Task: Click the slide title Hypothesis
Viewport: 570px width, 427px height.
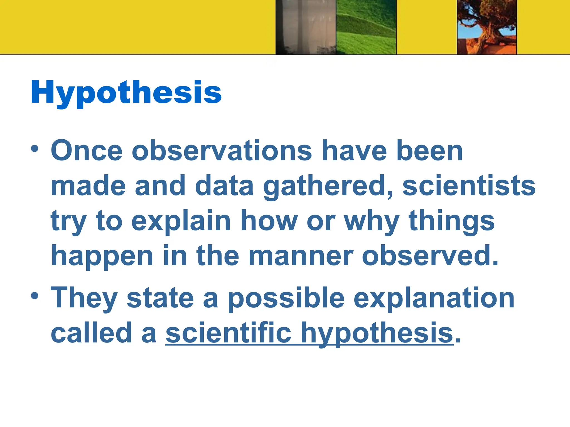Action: point(126,93)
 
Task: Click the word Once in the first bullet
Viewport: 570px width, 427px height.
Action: point(87,151)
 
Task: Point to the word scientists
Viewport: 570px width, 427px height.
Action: point(469,186)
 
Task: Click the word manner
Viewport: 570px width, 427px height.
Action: point(301,256)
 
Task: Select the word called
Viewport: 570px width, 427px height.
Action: point(91,333)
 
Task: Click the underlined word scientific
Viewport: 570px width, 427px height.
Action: point(229,333)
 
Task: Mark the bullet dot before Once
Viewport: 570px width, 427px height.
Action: point(35,148)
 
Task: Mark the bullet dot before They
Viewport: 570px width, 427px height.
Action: point(35,296)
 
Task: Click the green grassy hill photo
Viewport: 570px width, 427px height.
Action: point(366,27)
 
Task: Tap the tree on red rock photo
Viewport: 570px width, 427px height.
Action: point(487,27)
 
